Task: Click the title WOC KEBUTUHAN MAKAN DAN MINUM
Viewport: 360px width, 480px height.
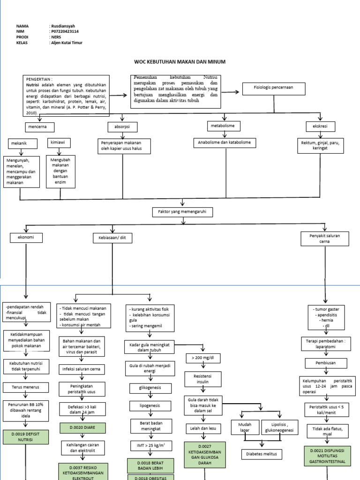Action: click(x=180, y=62)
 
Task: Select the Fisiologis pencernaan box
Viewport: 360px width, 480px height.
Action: click(x=274, y=89)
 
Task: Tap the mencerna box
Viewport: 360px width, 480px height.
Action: click(x=40, y=127)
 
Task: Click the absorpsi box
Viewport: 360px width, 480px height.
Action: click(x=122, y=127)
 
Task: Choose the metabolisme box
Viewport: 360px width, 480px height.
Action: click(x=223, y=126)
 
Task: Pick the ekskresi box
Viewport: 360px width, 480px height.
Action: click(x=320, y=126)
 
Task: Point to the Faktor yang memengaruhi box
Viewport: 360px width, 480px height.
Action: click(x=182, y=212)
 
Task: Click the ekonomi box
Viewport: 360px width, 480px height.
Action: click(x=26, y=238)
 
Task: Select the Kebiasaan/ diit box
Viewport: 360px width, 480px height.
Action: click(x=112, y=238)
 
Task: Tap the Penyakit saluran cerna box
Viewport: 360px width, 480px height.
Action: click(x=324, y=239)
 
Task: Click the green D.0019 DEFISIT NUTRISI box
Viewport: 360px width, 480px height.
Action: click(x=26, y=437)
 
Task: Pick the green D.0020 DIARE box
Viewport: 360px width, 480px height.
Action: click(x=82, y=427)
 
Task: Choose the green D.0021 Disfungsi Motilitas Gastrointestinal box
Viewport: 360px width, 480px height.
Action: click(x=327, y=456)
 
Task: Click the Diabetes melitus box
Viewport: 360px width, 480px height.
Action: click(x=262, y=454)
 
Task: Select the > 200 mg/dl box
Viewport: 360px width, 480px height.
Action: click(x=203, y=358)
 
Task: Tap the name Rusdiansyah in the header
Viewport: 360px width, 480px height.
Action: click(x=63, y=26)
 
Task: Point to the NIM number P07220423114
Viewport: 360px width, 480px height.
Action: click(x=65, y=31)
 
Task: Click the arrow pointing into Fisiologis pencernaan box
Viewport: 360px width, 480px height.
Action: click(x=230, y=92)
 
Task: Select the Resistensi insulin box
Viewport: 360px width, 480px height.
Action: click(x=202, y=379)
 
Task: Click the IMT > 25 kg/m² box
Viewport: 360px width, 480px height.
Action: click(x=150, y=446)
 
